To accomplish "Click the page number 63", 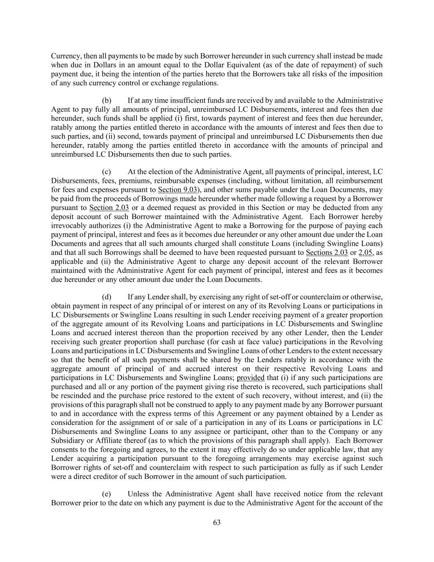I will (217, 522).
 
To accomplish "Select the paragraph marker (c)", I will (106, 172).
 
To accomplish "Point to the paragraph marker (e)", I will (106, 494).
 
